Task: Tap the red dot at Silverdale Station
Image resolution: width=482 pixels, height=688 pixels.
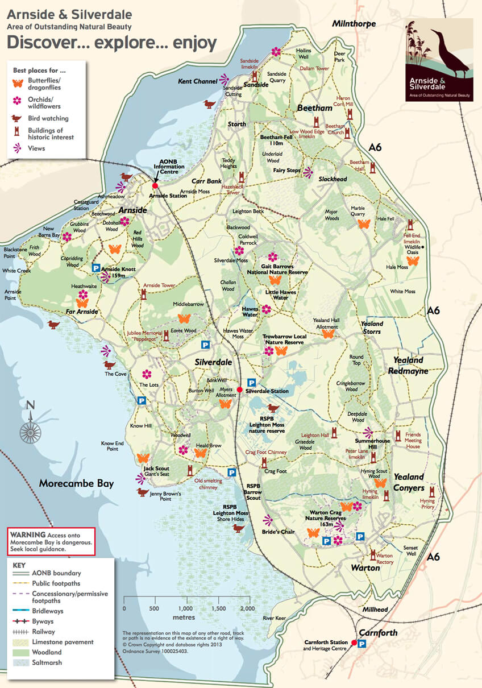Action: tap(240, 389)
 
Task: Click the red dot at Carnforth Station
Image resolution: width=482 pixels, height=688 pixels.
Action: tap(354, 643)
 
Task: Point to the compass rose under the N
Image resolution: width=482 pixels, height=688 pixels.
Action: tap(30, 424)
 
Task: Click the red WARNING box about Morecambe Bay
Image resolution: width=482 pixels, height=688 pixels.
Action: tap(51, 541)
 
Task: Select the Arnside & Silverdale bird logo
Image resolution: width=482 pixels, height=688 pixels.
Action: tap(439, 60)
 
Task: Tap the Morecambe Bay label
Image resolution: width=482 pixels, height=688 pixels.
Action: tap(76, 484)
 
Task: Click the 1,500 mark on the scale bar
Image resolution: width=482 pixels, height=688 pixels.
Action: tap(218, 608)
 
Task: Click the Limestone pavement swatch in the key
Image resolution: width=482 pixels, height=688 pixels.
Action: tap(21, 642)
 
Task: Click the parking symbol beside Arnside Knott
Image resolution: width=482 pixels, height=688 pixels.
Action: tap(96, 267)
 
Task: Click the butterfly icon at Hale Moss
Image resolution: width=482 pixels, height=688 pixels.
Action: tap(413, 260)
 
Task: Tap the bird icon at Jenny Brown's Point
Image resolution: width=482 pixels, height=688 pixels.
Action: tap(142, 492)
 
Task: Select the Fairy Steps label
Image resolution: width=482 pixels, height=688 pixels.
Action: tap(286, 169)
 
